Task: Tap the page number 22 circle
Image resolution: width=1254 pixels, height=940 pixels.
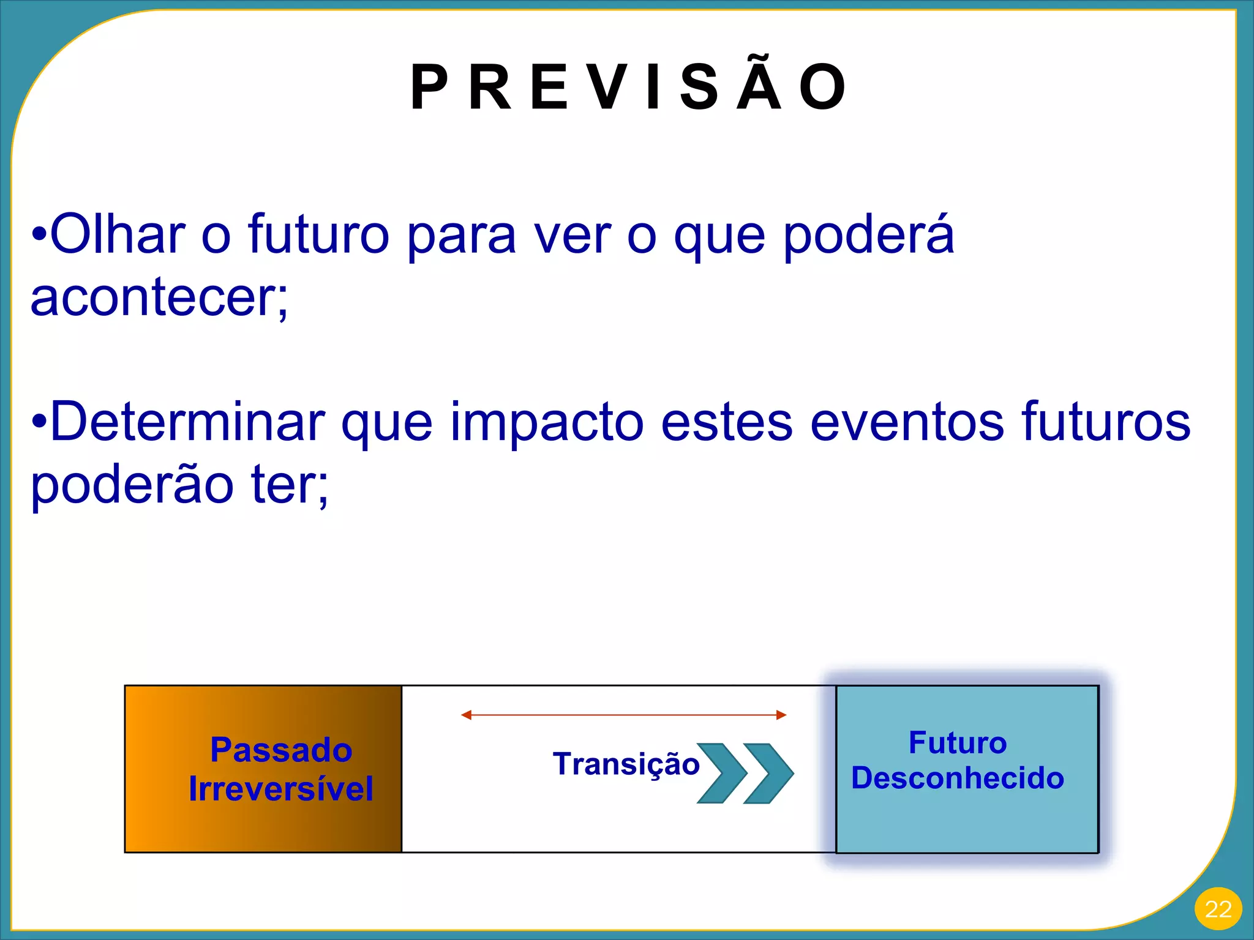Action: [1217, 909]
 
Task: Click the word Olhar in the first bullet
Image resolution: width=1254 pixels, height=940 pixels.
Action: [118, 234]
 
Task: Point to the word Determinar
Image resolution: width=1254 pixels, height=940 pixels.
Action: [187, 422]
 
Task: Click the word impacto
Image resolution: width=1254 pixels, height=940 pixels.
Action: [547, 422]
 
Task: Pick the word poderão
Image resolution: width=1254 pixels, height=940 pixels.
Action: [132, 485]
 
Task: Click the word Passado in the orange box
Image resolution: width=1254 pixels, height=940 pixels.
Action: [281, 750]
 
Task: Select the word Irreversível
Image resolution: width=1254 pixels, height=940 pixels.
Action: [281, 789]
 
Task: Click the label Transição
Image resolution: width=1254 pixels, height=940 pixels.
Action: [626, 764]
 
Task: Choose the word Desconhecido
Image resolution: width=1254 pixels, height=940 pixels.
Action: [958, 778]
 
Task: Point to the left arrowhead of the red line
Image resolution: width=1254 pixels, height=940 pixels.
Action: [467, 715]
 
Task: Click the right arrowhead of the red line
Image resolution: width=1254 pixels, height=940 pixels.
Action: [781, 715]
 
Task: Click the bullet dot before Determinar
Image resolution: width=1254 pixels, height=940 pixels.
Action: [39, 422]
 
